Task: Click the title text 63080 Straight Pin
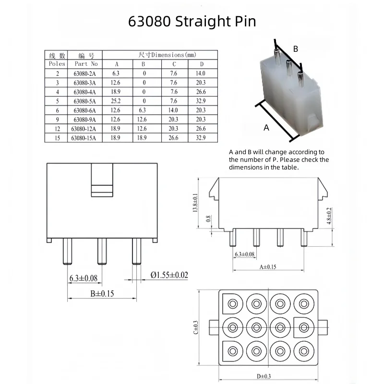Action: pos(192,22)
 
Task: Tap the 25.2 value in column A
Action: pos(116,101)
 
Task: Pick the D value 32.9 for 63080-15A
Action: pos(201,138)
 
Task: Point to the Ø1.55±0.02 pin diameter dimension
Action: pos(169,275)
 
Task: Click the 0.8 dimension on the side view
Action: pos(208,219)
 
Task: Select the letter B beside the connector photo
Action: pos(296,48)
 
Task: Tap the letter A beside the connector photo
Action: pos(267,128)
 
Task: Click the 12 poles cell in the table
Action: pos(57,129)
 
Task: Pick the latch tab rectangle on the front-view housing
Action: pos(102,180)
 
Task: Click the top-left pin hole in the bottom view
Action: pos(233,304)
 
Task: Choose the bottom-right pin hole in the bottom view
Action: pos(303,351)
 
